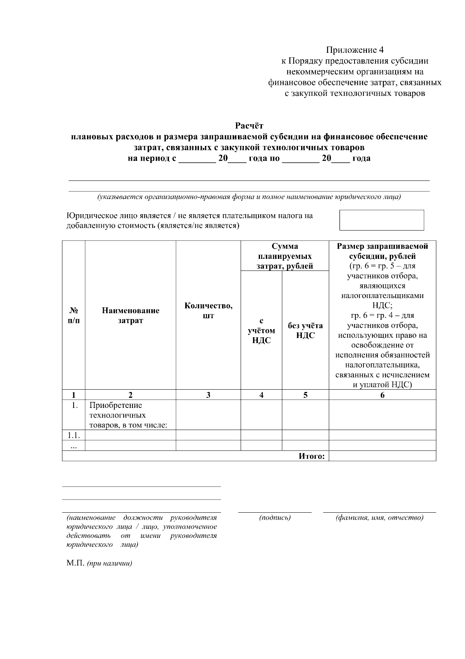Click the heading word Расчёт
249,126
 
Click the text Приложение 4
355,50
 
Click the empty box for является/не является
381,220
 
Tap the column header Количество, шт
208,310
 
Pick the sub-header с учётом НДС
261,331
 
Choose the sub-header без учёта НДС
305,331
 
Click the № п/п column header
74,316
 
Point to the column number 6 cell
382,395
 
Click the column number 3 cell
208,395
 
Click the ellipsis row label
74,446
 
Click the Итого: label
311,456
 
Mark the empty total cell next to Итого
382,456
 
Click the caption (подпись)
274,518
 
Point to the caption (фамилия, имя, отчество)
379,518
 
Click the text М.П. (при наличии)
99,564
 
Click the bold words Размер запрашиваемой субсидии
382,251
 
